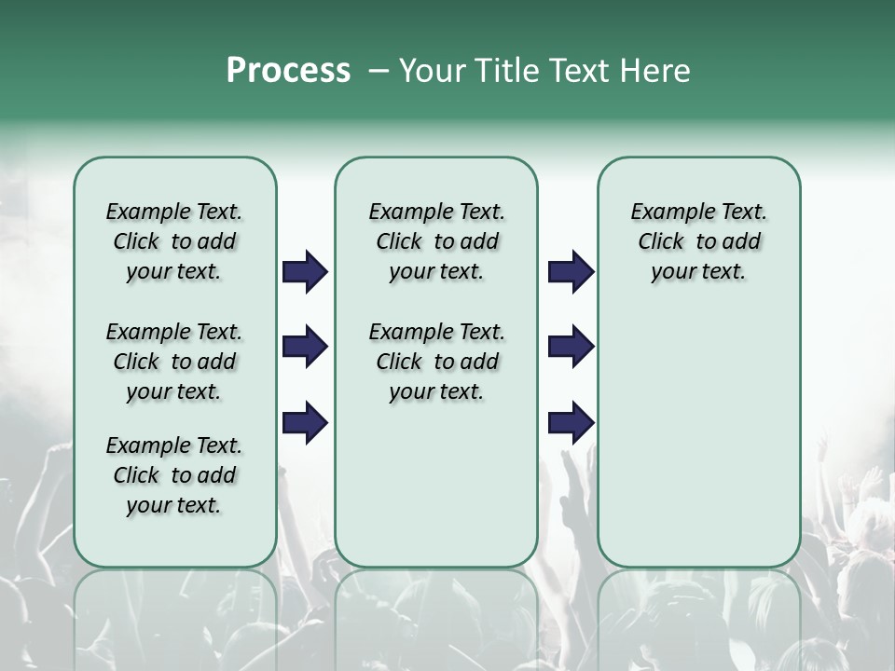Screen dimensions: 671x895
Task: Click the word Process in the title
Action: pos(288,71)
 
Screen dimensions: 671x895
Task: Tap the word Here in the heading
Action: pos(656,71)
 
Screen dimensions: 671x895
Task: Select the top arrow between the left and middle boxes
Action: pos(305,272)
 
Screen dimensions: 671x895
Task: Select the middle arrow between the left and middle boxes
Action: pos(305,348)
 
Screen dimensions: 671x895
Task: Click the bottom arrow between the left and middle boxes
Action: pos(305,423)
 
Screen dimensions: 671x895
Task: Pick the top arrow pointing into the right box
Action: pos(571,272)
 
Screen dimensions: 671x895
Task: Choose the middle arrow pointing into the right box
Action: pos(571,348)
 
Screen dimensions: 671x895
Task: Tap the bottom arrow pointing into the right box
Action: pos(571,423)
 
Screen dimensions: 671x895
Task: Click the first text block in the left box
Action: pos(173,241)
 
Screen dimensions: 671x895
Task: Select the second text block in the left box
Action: pos(173,362)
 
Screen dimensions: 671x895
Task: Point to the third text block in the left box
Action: pos(173,475)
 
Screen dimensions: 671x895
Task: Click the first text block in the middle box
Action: pos(436,241)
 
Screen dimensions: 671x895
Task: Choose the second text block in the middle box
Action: pos(436,362)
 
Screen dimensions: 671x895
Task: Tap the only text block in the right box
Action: pos(698,241)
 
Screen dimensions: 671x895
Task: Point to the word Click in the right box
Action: pos(661,242)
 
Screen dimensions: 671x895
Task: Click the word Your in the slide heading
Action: pos(433,71)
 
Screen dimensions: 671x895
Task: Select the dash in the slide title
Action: pos(379,71)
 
